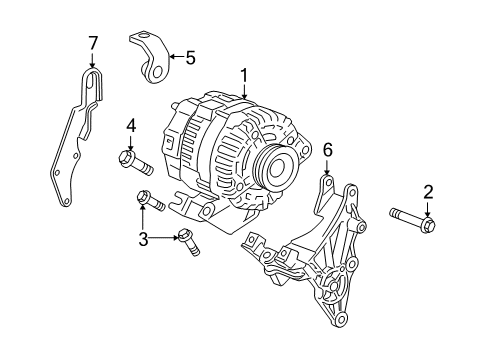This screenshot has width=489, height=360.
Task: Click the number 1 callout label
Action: click(x=242, y=74)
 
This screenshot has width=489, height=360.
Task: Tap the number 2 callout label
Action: click(x=429, y=193)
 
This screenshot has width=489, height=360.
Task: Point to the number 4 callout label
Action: click(x=131, y=126)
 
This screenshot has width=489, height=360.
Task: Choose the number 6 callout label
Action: click(x=327, y=149)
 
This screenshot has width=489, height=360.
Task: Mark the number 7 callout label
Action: click(x=93, y=42)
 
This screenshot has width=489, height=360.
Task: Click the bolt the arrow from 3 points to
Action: click(x=187, y=240)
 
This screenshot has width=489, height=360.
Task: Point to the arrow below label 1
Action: click(x=242, y=90)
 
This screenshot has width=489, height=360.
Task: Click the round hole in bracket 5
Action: click(x=160, y=72)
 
